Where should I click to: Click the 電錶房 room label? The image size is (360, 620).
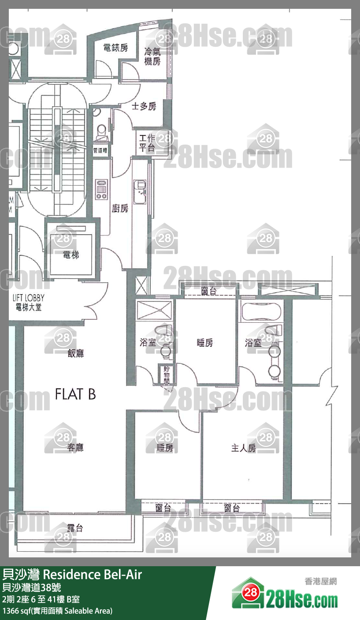tap(115, 48)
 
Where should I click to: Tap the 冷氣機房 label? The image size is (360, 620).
tap(152, 56)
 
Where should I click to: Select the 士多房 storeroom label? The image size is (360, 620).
tap(144, 106)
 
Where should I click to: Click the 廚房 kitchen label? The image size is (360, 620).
tap(120, 208)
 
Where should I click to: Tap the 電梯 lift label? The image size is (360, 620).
tap(71, 254)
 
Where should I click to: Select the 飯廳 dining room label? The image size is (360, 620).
tap(75, 353)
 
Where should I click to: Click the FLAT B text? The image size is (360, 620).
tap(75, 394)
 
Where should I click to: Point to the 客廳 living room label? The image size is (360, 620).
tap(75, 448)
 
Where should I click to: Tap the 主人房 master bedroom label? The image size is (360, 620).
tap(243, 448)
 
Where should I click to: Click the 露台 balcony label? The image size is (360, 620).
tap(75, 528)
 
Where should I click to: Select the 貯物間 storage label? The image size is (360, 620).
tap(167, 374)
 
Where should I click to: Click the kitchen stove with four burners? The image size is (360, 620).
tap(102, 189)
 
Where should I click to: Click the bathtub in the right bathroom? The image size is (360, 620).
tap(261, 311)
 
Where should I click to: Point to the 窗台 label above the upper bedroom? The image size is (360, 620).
tap(208, 291)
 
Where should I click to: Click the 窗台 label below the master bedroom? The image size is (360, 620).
tap(232, 508)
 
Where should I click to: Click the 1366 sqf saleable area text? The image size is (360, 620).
tap(57, 611)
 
